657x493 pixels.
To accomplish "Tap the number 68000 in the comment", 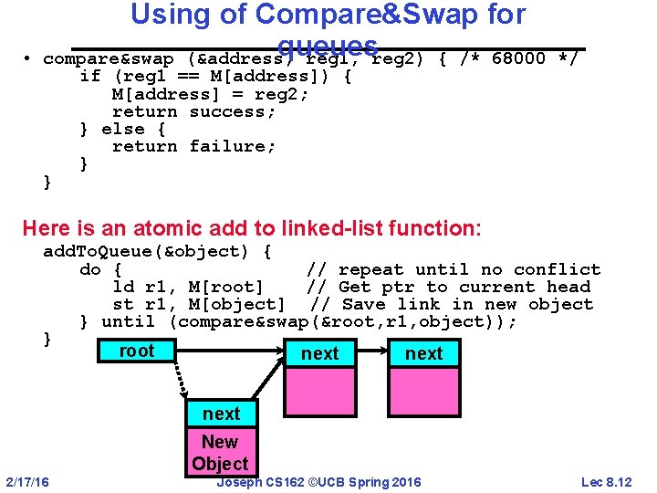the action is [x=517, y=58].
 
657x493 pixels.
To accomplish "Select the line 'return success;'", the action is [x=194, y=111].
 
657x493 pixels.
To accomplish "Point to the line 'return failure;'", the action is [x=194, y=146].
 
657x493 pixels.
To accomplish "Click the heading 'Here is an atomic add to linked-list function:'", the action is [x=251, y=227].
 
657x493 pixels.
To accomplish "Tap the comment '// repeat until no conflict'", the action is [x=453, y=269].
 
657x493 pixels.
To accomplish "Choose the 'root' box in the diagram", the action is [x=137, y=351].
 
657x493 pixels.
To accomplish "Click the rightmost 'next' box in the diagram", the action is [x=424, y=353].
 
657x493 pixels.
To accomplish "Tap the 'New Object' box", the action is [x=220, y=452].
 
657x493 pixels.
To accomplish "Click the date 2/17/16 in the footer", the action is [x=28, y=481].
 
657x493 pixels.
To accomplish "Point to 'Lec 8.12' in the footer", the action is [x=606, y=481].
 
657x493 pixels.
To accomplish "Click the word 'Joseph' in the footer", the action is [x=240, y=481].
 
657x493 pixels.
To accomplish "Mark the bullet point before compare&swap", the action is [x=30, y=59].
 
